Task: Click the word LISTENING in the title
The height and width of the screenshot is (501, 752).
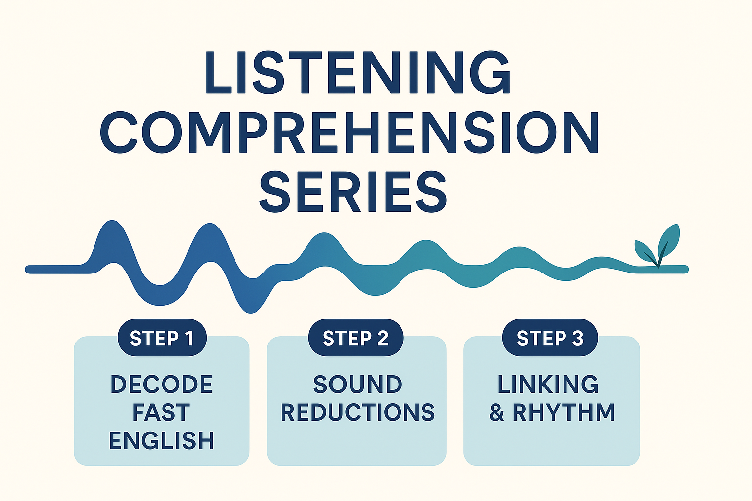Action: [357, 73]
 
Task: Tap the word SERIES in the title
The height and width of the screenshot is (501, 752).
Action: [352, 192]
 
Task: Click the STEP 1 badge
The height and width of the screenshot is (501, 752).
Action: [162, 338]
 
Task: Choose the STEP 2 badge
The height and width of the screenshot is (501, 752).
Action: [356, 338]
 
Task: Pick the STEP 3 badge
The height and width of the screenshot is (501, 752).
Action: [550, 338]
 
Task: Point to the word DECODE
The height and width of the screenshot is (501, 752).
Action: [162, 385]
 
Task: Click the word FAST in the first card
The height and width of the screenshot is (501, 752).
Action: [161, 412]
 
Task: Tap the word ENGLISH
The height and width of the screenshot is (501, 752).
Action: [162, 440]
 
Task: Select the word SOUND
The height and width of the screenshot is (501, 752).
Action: [357, 385]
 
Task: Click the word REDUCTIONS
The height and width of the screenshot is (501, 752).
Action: [357, 412]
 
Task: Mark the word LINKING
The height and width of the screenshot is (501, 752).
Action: [548, 385]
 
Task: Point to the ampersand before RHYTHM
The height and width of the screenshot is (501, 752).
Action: [496, 412]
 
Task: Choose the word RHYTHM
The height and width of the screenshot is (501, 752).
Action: [564, 412]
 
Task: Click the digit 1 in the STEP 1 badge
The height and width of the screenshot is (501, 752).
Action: [188, 338]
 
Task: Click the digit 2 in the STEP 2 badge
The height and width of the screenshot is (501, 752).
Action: [382, 338]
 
